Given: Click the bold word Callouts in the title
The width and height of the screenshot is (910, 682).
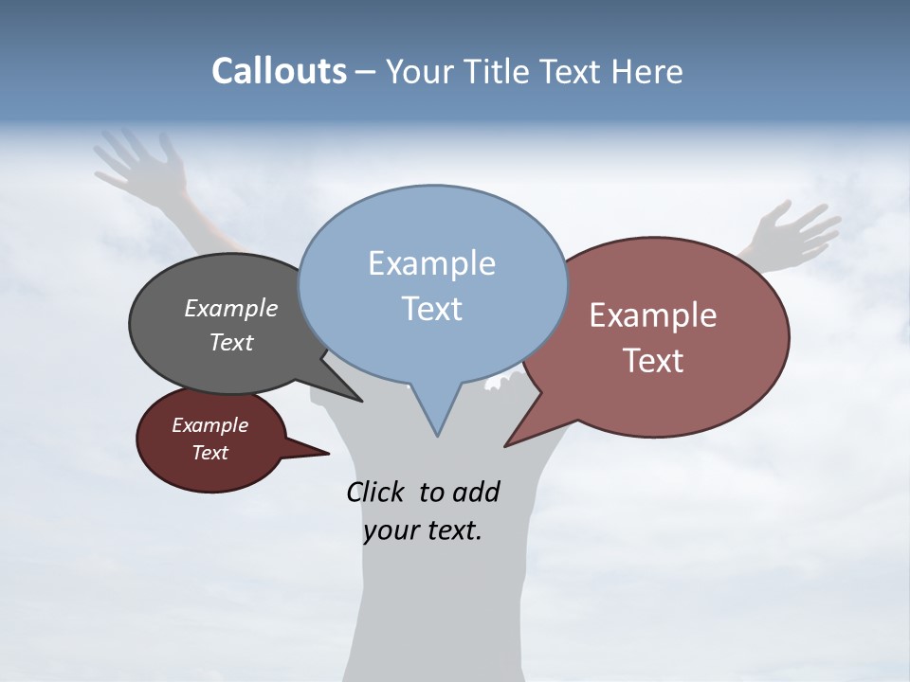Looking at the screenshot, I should tap(279, 71).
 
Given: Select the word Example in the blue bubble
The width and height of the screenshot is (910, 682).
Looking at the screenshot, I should tap(431, 263).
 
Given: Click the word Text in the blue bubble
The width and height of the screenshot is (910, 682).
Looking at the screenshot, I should tap(431, 309).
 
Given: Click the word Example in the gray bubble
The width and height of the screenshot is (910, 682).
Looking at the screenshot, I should tap(231, 309).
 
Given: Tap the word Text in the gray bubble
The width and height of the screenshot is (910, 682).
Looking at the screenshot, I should tap(231, 342).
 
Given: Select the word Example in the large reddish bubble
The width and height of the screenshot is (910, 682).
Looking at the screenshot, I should tap(653, 315).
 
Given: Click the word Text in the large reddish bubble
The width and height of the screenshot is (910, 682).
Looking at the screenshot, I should tap(653, 361).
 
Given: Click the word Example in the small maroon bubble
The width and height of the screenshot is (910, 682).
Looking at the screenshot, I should tap(209, 425).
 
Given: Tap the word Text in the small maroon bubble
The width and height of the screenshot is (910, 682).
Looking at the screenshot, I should tap(209, 453).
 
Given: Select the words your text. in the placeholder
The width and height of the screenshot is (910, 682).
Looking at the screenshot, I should tap(422, 530).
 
